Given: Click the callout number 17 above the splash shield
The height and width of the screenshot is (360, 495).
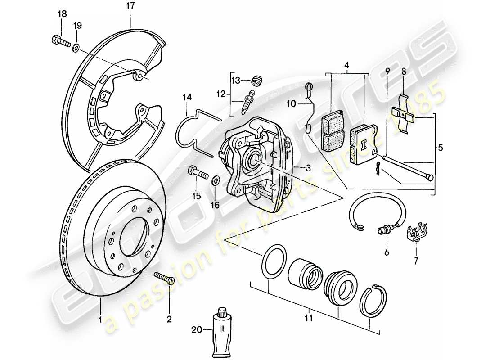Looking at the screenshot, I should pos(130,7).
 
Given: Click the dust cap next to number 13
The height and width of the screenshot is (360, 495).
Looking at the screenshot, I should pos(257,81).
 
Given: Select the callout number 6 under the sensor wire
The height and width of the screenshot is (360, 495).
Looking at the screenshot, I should pos(386,253).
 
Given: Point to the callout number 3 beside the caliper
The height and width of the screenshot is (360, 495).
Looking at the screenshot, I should pos(308,168).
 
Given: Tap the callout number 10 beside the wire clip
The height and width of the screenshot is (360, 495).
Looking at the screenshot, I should pos(291,104).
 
